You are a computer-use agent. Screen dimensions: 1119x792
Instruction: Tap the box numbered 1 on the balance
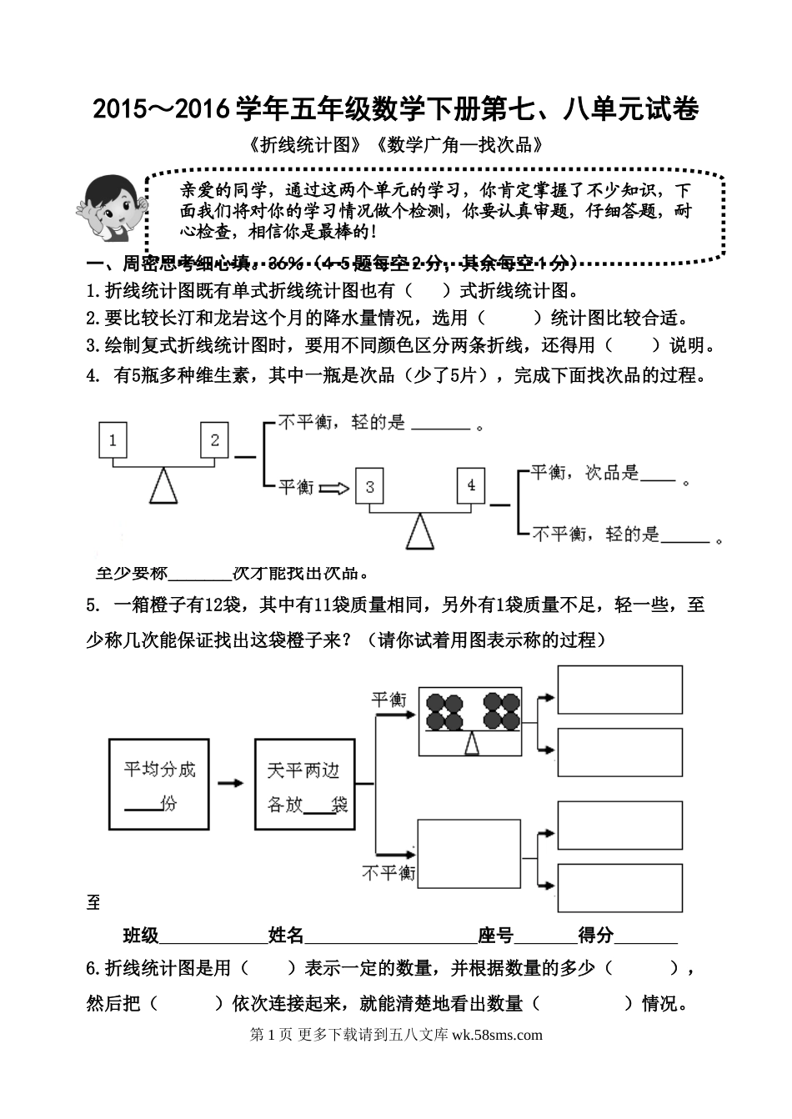(113, 439)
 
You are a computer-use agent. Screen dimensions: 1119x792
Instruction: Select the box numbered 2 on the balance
(214, 439)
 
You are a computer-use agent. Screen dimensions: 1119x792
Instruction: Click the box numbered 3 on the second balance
(370, 486)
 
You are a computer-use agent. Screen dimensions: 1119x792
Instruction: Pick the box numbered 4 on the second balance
(471, 485)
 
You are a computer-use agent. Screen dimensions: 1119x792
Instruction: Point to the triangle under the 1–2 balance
(163, 488)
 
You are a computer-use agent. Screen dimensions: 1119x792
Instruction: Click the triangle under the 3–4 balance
(420, 534)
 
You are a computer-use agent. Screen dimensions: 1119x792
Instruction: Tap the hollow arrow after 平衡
(335, 488)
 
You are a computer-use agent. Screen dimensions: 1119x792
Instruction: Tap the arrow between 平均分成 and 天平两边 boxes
(231, 783)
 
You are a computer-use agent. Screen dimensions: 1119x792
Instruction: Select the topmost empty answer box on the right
(619, 690)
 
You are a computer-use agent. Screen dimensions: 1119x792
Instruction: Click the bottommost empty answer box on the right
(619, 888)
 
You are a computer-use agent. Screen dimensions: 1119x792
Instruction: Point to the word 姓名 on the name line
(286, 935)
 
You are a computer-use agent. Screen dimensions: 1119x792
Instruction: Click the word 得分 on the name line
(596, 935)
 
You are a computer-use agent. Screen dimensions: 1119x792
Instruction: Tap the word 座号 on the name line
(495, 935)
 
